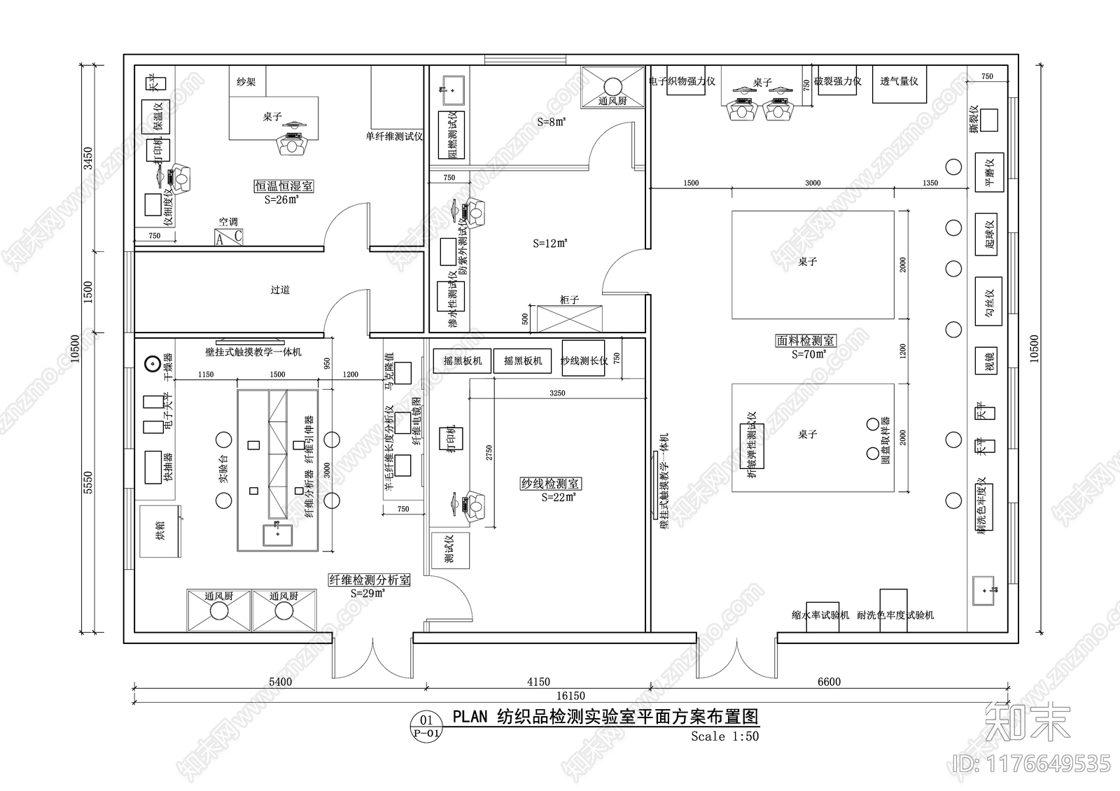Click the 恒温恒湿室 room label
tap(283, 186)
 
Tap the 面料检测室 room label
tap(806, 341)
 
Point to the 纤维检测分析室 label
tap(370, 580)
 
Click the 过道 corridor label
tap(280, 290)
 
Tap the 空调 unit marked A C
tap(229, 237)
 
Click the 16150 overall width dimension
tap(570, 696)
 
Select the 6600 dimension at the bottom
tap(829, 682)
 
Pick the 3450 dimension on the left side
tap(87, 158)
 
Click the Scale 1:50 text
tap(724, 736)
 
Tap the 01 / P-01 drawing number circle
tap(426, 725)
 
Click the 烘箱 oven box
tap(160, 531)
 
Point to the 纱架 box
tap(246, 82)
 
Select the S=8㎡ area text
tap(552, 122)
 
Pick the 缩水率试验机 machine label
tap(820, 615)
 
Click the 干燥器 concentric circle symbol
tap(150, 364)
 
